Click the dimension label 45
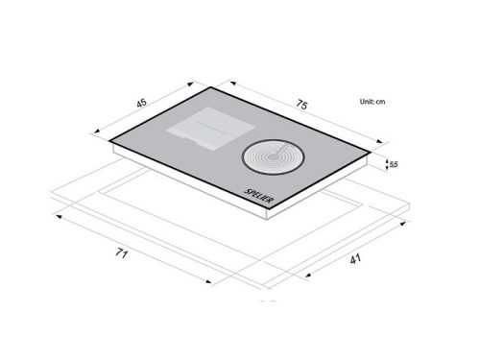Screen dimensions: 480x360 click(141, 103)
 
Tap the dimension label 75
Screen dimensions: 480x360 click(301, 105)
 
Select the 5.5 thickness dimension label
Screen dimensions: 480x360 click(394, 164)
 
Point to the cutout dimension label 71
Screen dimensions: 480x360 click(122, 253)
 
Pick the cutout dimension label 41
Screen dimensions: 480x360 click(355, 259)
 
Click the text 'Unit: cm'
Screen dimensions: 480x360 click(372, 102)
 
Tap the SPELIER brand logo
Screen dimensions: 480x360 click(259, 196)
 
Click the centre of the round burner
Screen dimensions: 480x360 click(272, 156)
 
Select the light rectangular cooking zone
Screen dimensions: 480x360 click(211, 129)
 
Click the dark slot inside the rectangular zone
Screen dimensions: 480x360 click(212, 128)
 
